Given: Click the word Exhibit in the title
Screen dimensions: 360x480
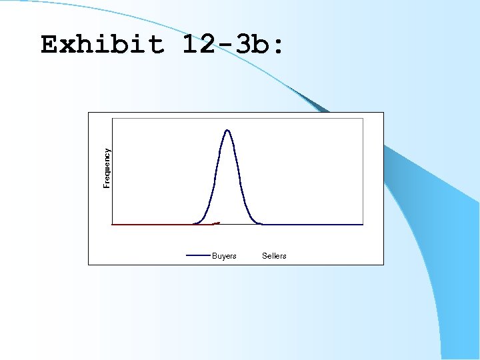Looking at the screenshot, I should coord(102,45).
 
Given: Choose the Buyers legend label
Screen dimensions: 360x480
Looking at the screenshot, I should coord(224,256).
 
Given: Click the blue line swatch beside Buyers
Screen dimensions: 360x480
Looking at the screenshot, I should coord(198,255).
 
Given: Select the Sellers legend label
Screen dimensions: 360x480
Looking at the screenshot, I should coord(274,256).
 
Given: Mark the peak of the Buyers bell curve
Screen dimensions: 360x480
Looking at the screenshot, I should coord(227,130).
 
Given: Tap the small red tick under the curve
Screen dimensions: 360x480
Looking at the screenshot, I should coord(216,223).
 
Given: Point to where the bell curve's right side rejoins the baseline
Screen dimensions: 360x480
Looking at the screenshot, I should coord(261,224).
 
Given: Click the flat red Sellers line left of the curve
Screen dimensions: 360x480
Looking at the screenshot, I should coord(153,225).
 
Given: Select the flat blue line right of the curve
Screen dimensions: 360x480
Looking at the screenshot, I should coord(313,225).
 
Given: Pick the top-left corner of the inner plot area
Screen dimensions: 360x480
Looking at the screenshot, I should coord(113,119).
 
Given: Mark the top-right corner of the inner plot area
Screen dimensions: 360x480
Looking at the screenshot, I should coord(363,119).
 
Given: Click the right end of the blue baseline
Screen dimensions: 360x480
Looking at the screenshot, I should coord(363,225).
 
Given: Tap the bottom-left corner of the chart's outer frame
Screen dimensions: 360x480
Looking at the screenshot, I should coord(89,265).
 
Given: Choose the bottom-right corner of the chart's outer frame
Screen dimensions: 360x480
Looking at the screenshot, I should coord(384,265).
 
